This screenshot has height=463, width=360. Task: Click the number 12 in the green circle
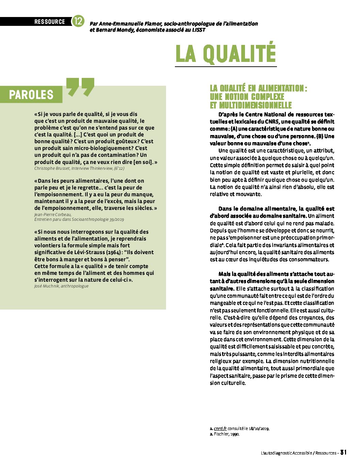(78, 21)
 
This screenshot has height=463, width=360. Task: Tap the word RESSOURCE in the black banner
(49, 22)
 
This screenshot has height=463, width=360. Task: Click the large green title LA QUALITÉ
(225, 53)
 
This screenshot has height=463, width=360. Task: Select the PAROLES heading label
(31, 95)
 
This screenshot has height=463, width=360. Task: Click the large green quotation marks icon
(80, 87)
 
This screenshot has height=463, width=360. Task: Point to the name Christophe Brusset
(51, 168)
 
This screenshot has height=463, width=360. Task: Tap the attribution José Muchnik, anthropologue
(61, 286)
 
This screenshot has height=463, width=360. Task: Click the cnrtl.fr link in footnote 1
(220, 429)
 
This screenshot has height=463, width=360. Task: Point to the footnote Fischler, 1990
(226, 434)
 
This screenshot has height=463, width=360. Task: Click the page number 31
(343, 452)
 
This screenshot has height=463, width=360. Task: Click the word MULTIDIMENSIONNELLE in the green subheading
(251, 105)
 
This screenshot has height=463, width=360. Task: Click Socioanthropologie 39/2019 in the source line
(98, 220)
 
